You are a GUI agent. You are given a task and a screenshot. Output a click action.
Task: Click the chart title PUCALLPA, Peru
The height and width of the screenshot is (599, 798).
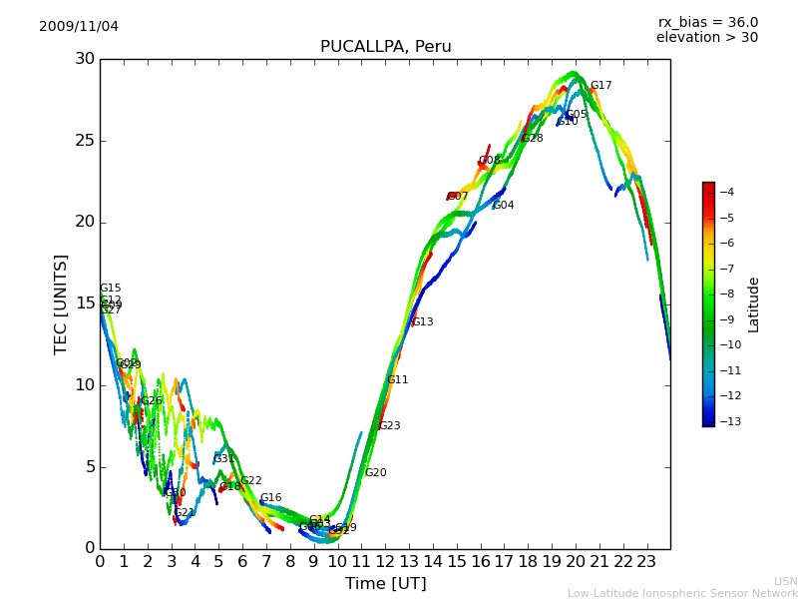(x=385, y=47)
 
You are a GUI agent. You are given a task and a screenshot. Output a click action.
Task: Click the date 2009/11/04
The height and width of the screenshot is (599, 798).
(x=79, y=26)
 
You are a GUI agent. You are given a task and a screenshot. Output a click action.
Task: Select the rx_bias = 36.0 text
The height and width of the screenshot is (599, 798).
(x=707, y=22)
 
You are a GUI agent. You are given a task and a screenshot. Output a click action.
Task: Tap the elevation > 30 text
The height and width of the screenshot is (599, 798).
(x=706, y=38)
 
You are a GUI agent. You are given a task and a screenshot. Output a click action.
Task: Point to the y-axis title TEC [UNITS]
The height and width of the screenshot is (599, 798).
(x=61, y=303)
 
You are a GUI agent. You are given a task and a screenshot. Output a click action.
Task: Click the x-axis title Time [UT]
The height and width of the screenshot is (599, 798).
(x=385, y=583)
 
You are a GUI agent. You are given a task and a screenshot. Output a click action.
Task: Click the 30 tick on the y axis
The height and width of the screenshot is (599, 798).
(x=84, y=59)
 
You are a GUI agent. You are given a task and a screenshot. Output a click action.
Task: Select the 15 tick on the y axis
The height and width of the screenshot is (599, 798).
(x=84, y=303)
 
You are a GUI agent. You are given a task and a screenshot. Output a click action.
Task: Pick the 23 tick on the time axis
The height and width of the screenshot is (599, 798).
(x=646, y=561)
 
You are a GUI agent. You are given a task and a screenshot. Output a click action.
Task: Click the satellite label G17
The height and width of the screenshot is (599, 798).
(x=600, y=86)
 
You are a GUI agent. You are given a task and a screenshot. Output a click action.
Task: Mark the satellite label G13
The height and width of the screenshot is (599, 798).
(x=422, y=322)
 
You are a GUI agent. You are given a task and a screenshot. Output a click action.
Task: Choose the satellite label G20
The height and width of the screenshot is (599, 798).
(x=375, y=473)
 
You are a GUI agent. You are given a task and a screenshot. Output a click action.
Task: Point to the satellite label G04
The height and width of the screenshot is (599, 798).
(x=504, y=206)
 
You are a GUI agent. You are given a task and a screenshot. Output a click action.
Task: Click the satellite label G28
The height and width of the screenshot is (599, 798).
(x=533, y=139)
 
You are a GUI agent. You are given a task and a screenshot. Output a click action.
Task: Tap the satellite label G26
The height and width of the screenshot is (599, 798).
(x=151, y=401)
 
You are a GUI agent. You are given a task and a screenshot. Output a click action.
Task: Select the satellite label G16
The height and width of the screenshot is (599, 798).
(x=270, y=498)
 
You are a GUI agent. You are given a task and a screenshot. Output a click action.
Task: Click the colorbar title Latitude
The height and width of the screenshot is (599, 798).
(x=754, y=304)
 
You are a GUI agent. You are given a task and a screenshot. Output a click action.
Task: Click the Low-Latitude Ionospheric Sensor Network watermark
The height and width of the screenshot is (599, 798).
(x=682, y=593)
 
